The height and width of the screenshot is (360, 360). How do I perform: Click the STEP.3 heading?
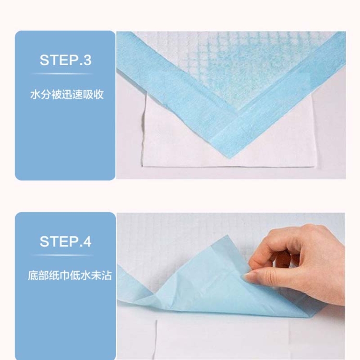65,60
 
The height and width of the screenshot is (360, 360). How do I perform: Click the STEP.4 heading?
65,241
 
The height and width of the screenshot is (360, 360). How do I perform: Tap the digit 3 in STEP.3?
87,60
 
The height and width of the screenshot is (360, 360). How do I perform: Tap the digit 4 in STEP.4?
87,241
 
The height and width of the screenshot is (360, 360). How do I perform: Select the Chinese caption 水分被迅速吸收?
67,95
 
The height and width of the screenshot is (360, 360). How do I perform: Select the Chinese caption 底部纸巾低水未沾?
70,276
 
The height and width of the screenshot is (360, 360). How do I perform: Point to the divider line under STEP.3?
62,74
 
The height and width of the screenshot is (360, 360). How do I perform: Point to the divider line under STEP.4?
62,255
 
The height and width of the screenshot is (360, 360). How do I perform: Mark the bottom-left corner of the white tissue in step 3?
143,166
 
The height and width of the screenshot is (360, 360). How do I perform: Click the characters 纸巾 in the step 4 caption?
59,276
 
